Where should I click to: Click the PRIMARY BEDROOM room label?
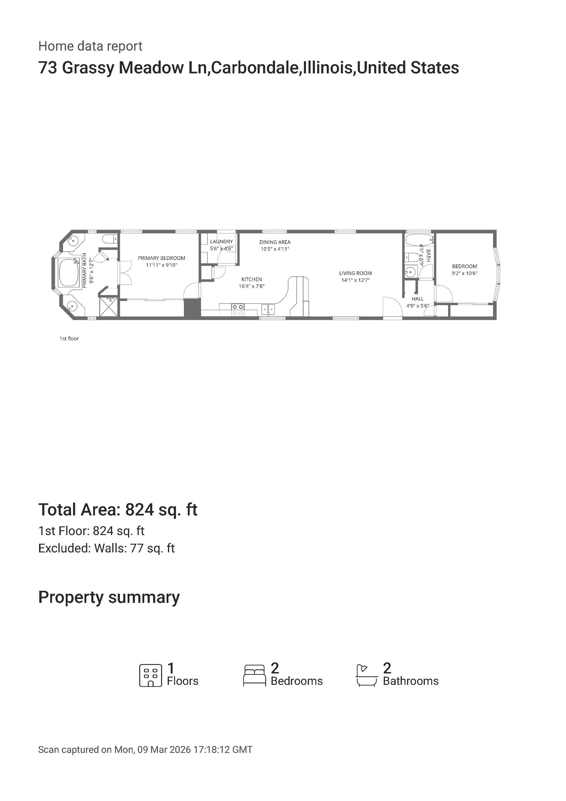pyautogui.click(x=162, y=258)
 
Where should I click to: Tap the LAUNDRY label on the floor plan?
pyautogui.click(x=221, y=241)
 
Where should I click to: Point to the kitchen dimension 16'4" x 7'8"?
pyautogui.click(x=252, y=286)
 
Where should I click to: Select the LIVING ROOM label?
pyautogui.click(x=355, y=273)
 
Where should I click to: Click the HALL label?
pyautogui.click(x=417, y=299)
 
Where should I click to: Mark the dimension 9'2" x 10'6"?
pyautogui.click(x=465, y=273)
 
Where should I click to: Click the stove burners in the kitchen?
pyautogui.click(x=238, y=310)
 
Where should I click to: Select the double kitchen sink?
pyautogui.click(x=268, y=309)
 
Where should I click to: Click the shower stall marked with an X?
pyautogui.click(x=109, y=307)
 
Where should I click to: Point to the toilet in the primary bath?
pyautogui.click(x=109, y=239)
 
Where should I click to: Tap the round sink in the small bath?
pyautogui.click(x=411, y=271)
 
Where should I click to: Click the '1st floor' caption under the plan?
pyautogui.click(x=69, y=338)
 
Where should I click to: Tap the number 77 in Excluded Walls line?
pyautogui.click(x=137, y=548)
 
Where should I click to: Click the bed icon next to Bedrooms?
pyautogui.click(x=255, y=676)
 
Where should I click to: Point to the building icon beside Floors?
pyautogui.click(x=151, y=675)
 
